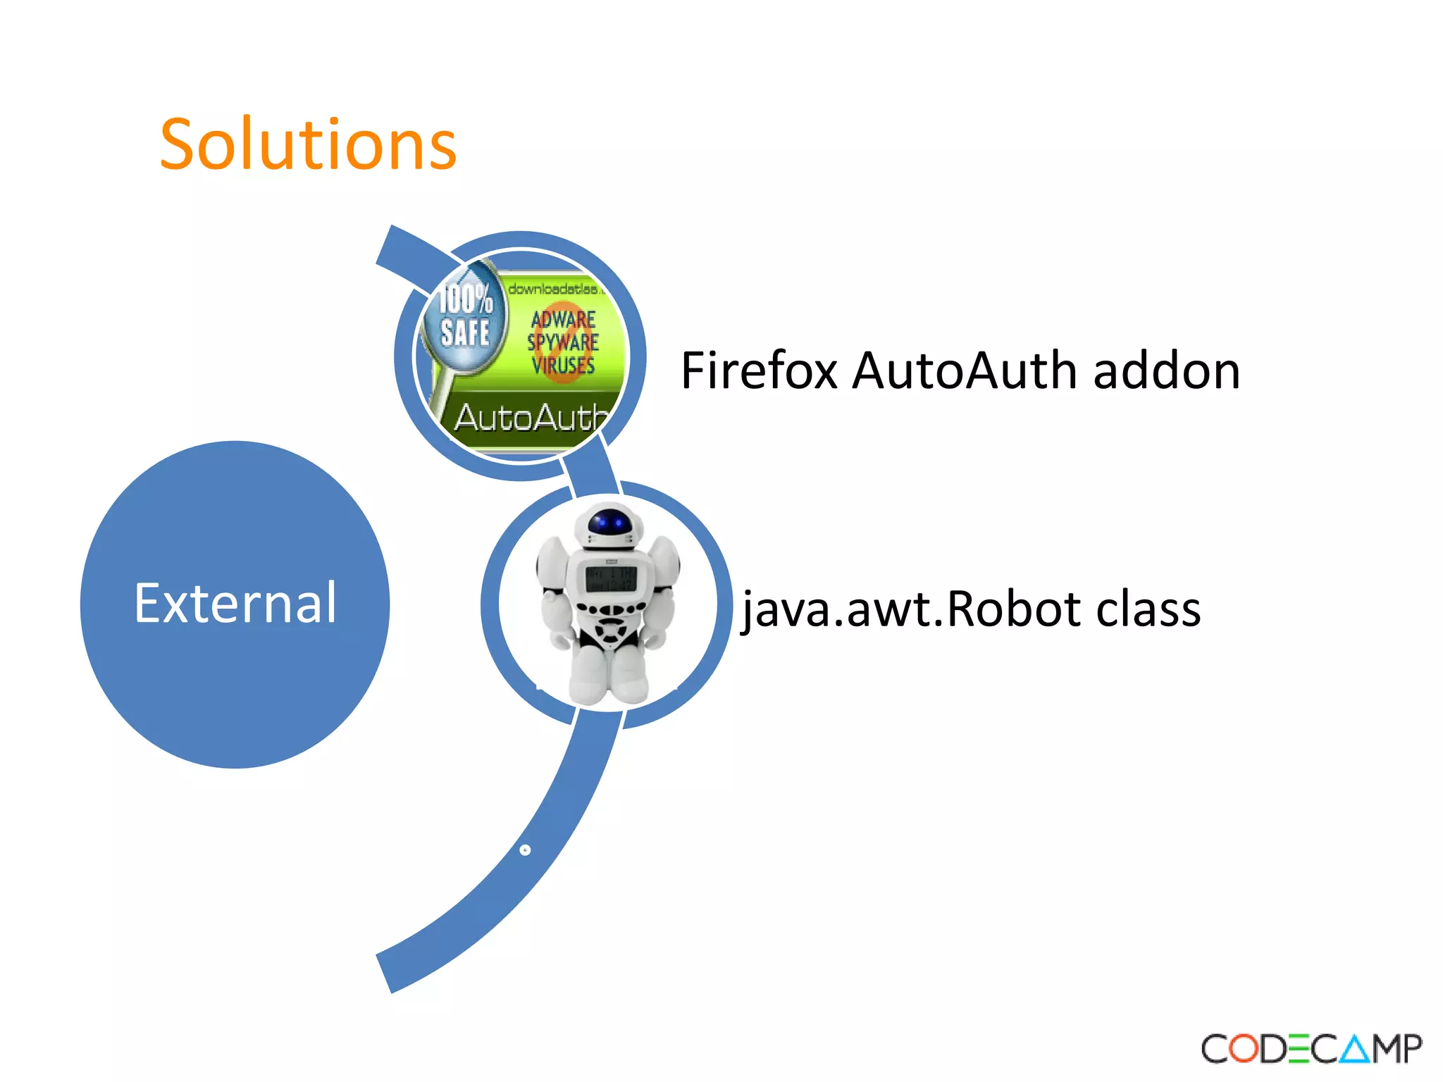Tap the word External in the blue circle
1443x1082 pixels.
point(235,604)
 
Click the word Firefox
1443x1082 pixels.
point(759,371)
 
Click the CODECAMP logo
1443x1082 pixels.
point(1311,1049)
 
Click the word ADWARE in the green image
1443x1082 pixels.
point(563,319)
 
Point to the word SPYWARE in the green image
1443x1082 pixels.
point(563,342)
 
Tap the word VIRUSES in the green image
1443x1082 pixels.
point(563,365)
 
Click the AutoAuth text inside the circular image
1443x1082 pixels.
point(530,417)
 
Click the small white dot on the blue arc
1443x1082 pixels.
point(525,850)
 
